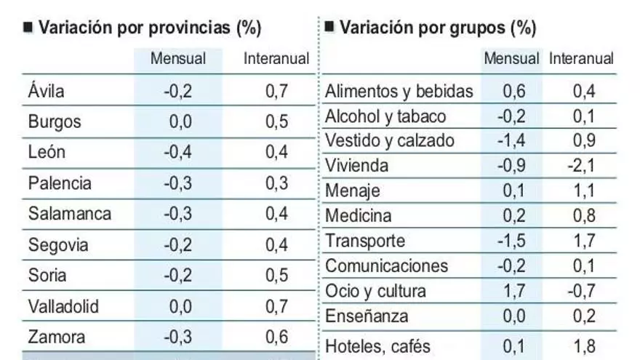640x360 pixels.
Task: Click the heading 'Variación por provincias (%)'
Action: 149,28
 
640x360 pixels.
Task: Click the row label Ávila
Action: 47,92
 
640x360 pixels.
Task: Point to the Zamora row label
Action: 56,337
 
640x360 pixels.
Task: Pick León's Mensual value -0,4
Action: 177,152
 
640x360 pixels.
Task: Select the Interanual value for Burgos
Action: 276,121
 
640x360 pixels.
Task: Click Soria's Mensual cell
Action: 177,276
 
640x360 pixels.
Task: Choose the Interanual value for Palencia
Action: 276,183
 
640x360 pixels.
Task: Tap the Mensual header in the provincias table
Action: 178,58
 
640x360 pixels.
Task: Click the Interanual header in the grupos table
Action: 582,58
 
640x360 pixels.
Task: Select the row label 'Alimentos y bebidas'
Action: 399,92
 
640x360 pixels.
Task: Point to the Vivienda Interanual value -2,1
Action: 582,166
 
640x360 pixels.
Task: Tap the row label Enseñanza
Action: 367,316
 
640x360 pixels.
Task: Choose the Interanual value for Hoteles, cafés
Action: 583,345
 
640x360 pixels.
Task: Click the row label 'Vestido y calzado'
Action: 390,140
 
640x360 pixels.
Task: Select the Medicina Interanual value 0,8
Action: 583,215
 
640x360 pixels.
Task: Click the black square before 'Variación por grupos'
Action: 329,28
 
